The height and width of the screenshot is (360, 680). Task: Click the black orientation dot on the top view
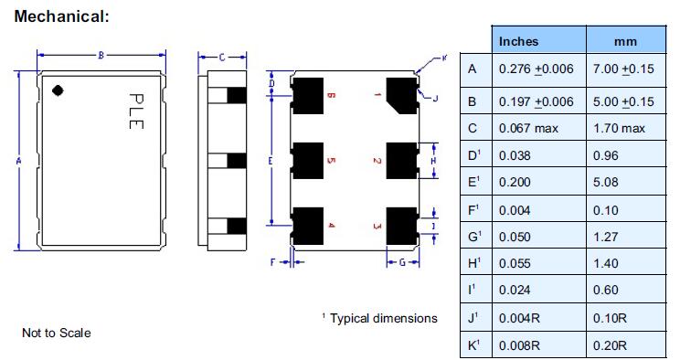pyautogui.click(x=58, y=90)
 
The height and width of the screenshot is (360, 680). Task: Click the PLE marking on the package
pyautogui.click(x=136, y=111)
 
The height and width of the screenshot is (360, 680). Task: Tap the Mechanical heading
pyautogui.click(x=61, y=16)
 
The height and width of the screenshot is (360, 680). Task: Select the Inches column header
pyautogui.click(x=518, y=41)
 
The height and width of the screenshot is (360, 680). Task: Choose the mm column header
pyautogui.click(x=625, y=42)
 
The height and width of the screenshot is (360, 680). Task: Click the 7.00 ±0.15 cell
pyautogui.click(x=623, y=69)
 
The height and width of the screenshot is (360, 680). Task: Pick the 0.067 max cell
pyautogui.click(x=528, y=129)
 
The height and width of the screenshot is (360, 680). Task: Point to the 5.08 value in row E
pyautogui.click(x=605, y=182)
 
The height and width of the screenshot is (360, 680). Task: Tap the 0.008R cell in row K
pyautogui.click(x=519, y=345)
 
